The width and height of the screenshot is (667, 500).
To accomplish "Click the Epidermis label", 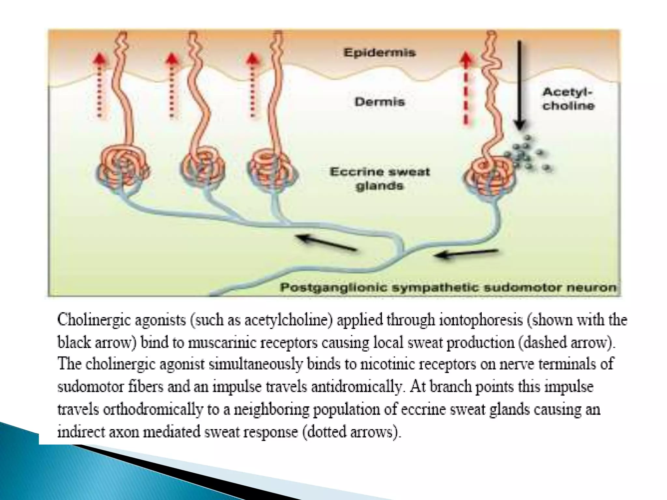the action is point(379,53).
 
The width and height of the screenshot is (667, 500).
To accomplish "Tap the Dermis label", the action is point(380,102).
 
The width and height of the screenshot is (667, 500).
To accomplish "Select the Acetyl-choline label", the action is point(568,99).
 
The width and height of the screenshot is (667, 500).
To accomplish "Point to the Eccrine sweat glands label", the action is point(380,179).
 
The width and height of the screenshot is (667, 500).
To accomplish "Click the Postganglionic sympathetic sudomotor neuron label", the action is point(448,288).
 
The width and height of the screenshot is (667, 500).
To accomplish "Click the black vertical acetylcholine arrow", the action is point(519,85).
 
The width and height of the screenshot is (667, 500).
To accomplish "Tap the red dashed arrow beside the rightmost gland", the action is point(466,88).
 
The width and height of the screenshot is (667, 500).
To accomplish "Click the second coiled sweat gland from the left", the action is point(203,166).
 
